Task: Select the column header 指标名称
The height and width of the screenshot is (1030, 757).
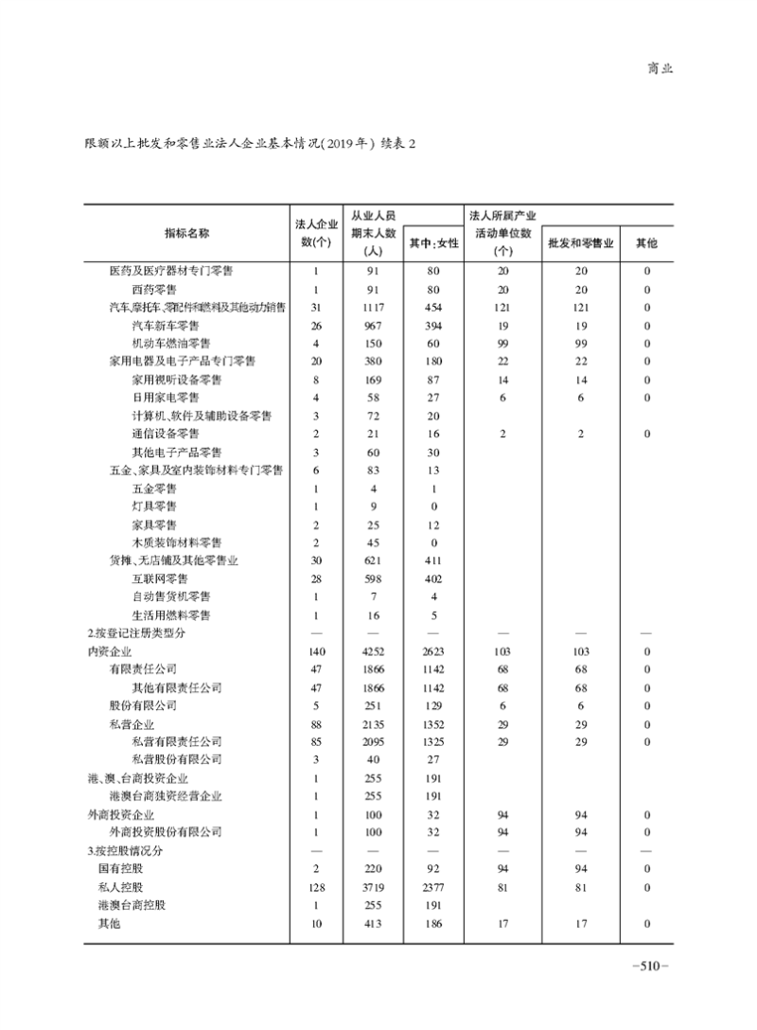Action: [186, 233]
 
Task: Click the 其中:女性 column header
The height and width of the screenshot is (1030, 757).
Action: [432, 243]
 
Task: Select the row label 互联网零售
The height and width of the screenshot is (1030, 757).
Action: [160, 578]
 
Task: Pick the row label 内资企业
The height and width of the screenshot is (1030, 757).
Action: [110, 651]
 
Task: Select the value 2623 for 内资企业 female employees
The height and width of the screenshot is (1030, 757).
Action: [432, 651]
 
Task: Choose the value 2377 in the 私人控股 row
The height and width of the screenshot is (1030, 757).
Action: [432, 887]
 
